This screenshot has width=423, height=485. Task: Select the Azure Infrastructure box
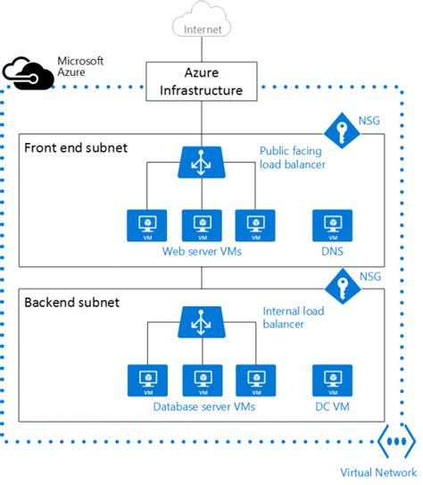coord(200,80)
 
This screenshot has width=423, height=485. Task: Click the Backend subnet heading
coord(72,302)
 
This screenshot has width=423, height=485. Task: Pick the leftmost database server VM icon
coord(144,381)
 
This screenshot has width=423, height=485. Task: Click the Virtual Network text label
coord(378,472)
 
